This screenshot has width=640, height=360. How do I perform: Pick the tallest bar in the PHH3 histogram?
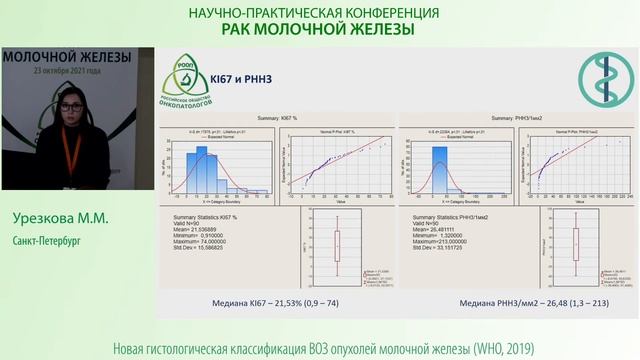(x=438, y=170)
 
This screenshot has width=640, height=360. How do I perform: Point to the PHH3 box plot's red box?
(x=576, y=245)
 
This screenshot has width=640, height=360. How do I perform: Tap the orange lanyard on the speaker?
(x=70, y=155)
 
